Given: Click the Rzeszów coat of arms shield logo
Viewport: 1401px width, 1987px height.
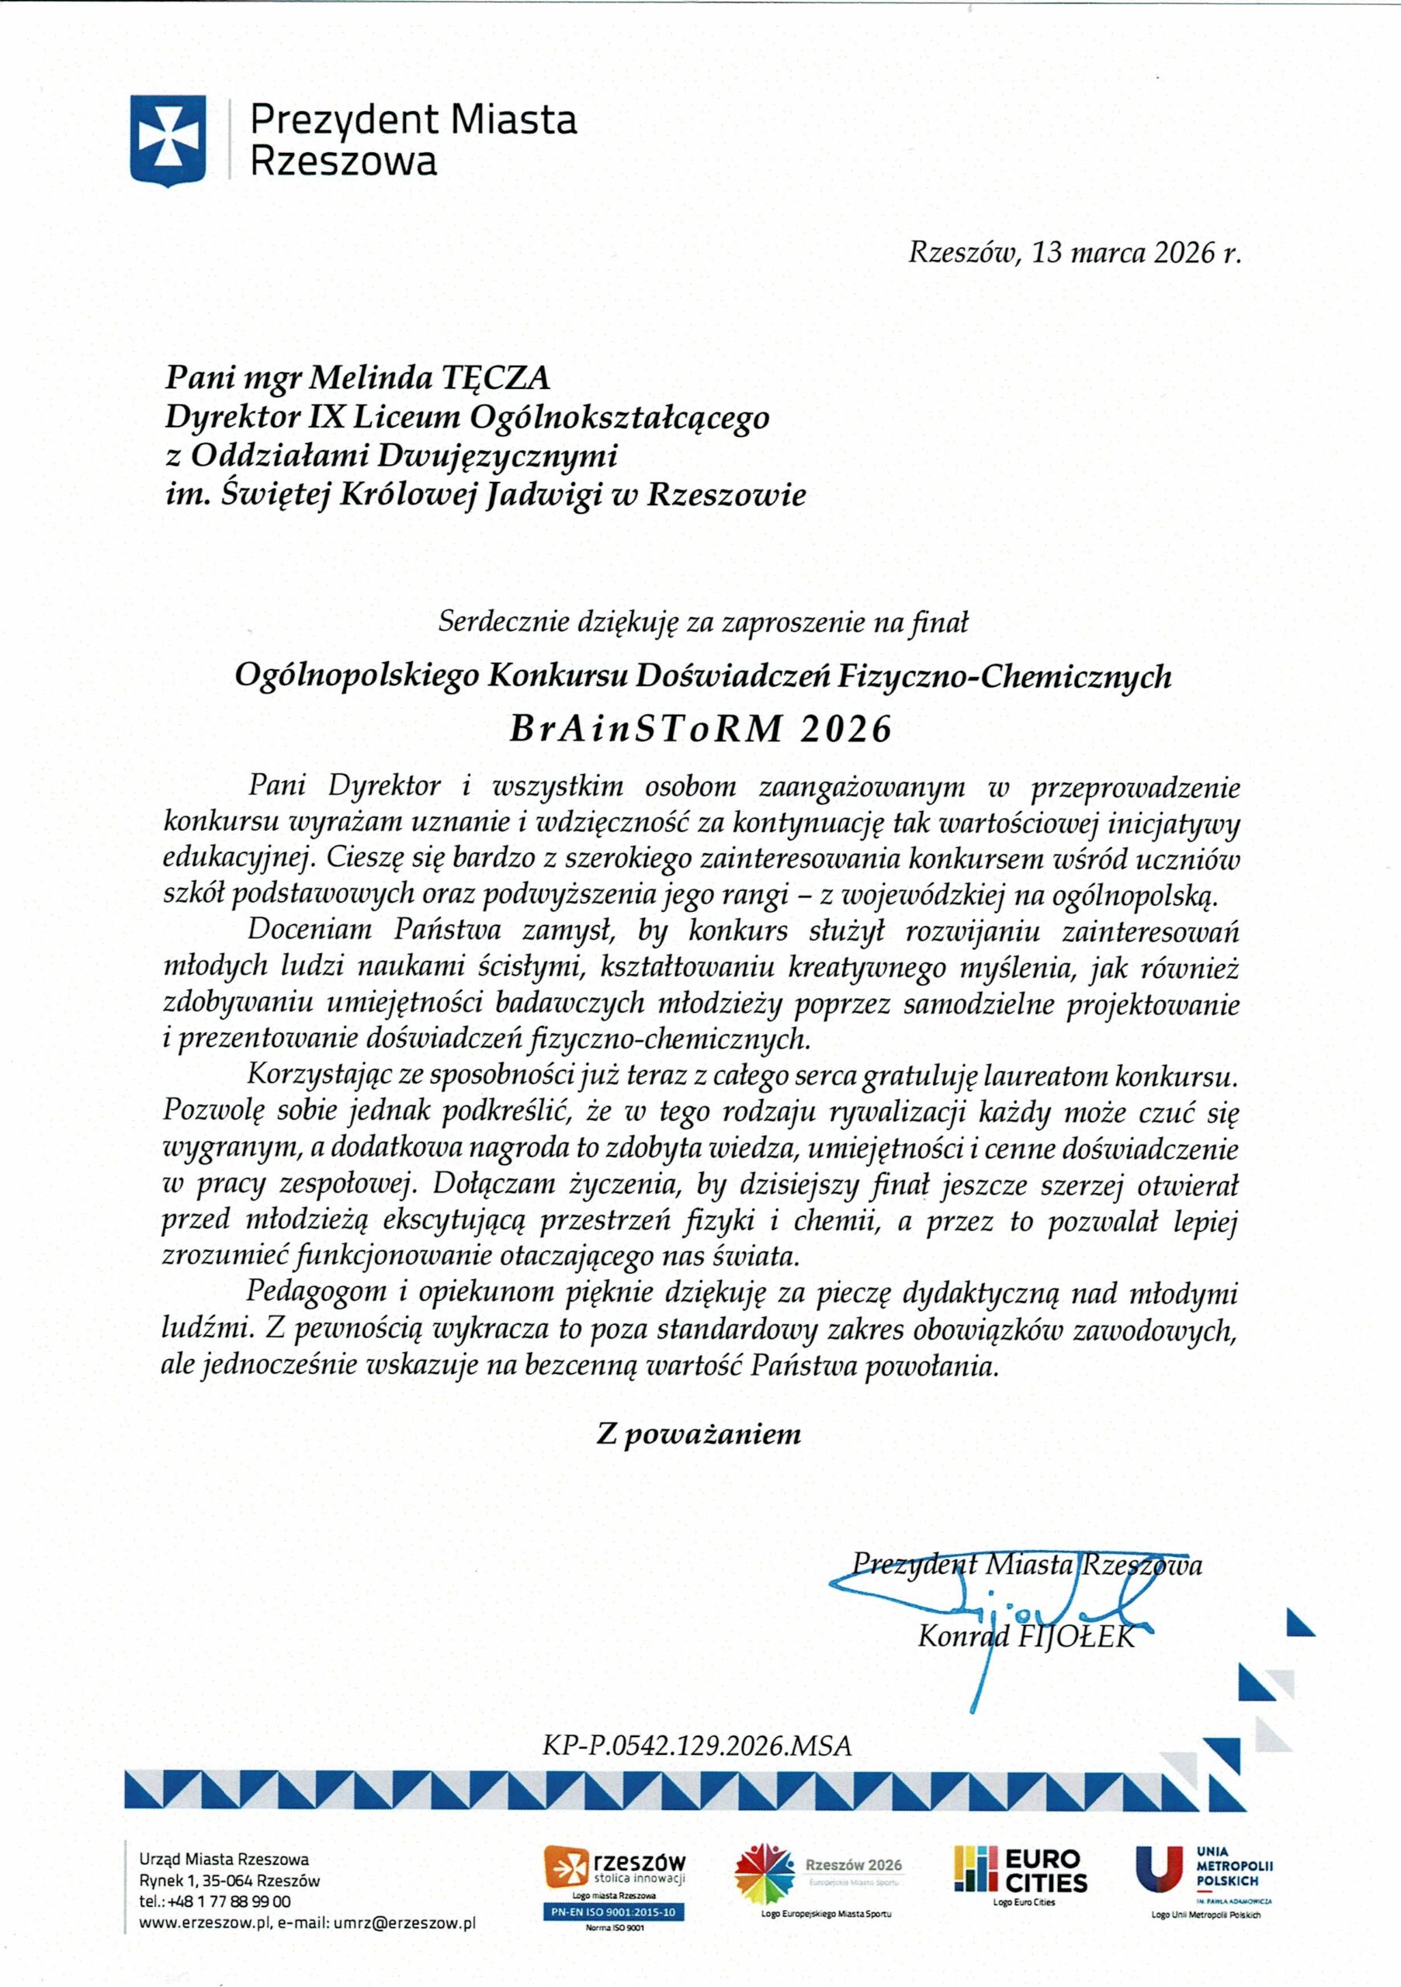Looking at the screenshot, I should [x=168, y=140].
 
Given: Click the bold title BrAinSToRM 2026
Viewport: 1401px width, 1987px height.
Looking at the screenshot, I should [x=700, y=729].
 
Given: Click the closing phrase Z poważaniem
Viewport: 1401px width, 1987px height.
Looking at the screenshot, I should [x=699, y=1434].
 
